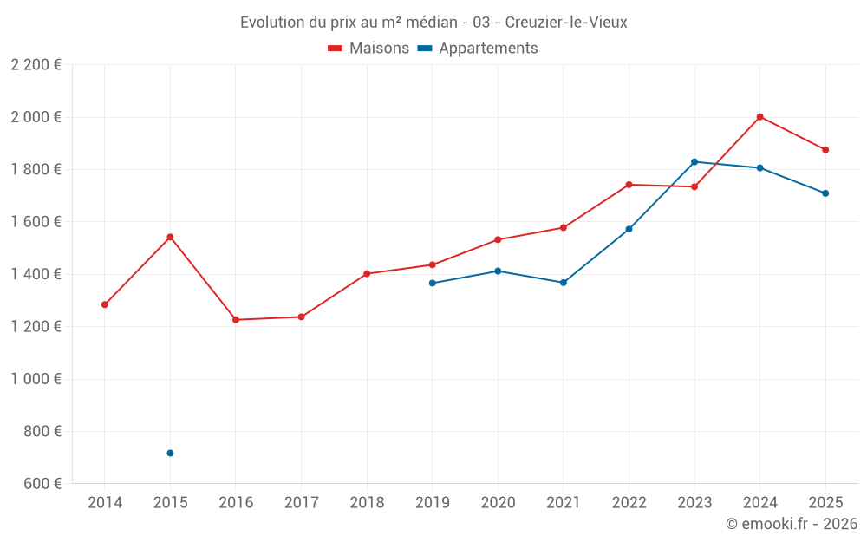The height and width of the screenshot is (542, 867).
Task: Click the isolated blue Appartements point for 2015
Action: (170, 453)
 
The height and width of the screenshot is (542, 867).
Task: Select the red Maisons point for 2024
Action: (759, 117)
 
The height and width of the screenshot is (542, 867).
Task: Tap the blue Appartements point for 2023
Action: (694, 162)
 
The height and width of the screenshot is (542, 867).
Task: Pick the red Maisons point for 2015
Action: (170, 237)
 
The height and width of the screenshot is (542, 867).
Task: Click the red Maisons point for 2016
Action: (236, 320)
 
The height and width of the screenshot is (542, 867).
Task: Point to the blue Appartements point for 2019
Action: (433, 283)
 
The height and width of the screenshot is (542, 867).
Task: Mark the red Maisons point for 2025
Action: (825, 150)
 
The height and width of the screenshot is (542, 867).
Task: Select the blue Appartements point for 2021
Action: (564, 283)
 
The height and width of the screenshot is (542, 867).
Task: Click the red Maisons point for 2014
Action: (105, 304)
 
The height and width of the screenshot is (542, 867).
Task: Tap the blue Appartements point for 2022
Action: (629, 229)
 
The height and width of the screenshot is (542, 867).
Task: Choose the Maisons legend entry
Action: (368, 49)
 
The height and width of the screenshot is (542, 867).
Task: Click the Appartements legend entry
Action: (478, 49)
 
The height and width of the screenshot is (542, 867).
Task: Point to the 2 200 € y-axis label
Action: (36, 65)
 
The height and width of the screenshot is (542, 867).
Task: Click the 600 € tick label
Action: (42, 484)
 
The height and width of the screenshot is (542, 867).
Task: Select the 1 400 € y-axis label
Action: (36, 274)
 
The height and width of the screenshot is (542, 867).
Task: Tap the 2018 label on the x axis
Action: (367, 503)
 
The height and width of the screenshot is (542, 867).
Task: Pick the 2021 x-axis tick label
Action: (564, 503)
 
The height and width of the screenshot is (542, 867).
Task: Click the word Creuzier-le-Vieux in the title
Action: (565, 23)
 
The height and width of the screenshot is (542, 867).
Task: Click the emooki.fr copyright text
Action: (791, 524)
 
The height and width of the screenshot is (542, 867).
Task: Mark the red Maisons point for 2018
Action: (367, 274)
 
